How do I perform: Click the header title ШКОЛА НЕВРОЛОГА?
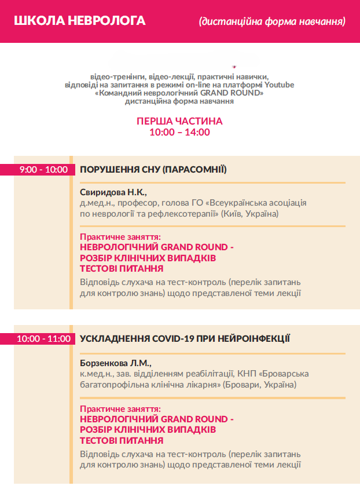tap(79, 21)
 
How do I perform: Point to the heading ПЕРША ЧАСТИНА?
tap(179, 121)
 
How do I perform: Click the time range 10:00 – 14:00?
tap(179, 132)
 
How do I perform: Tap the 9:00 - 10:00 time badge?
tap(43, 170)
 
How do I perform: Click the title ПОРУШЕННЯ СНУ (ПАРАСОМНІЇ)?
tap(153, 170)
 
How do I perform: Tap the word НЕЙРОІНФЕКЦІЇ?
tap(255, 338)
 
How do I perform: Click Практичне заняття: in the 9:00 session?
tap(120, 237)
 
